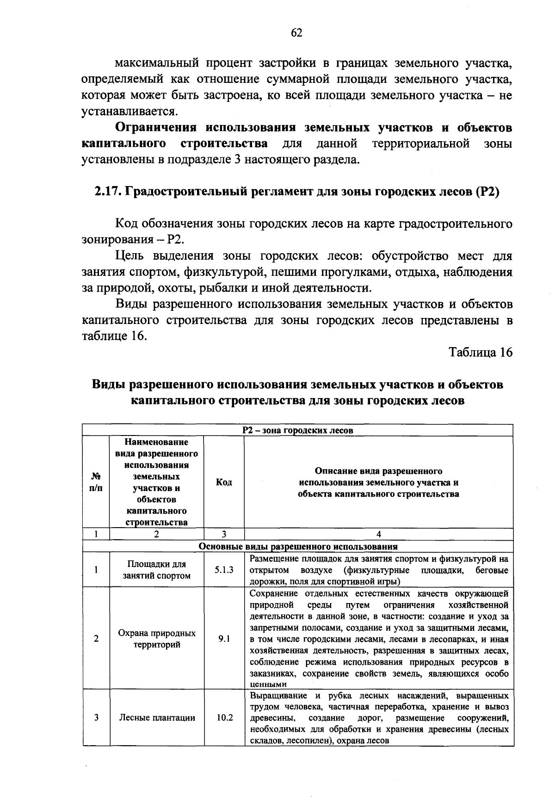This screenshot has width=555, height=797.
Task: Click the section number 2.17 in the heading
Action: tap(107, 192)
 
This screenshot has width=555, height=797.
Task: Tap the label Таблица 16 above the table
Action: tap(481, 352)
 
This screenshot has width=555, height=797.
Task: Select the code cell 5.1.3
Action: tap(224, 570)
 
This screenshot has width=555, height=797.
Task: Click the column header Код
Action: tap(224, 482)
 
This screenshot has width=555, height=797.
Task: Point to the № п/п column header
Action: tap(96, 482)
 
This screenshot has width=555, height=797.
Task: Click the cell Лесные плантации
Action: tap(157, 718)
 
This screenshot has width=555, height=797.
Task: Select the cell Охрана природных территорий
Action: tap(157, 639)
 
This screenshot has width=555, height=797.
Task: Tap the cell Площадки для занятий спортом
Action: tap(157, 570)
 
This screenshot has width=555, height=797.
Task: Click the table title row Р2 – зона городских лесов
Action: tap(297, 430)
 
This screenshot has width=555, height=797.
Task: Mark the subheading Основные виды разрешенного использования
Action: tap(297, 546)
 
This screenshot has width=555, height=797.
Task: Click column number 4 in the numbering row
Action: tap(379, 534)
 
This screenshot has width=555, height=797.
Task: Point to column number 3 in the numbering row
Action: tap(224, 534)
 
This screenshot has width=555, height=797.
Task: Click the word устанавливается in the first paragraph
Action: tap(129, 112)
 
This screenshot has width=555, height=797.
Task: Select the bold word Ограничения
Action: tap(155, 128)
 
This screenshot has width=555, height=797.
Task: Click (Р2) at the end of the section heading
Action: tap(487, 192)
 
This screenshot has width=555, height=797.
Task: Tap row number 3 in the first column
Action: tap(96, 718)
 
